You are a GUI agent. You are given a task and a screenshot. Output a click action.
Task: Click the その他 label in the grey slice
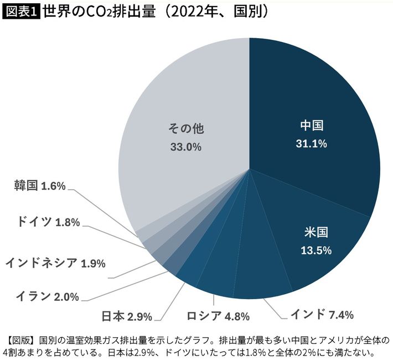click(x=186, y=129)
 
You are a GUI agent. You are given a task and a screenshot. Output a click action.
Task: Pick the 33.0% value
click(x=185, y=148)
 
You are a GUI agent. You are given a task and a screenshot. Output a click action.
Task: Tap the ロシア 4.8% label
click(x=218, y=317)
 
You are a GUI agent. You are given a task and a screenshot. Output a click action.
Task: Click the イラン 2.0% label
click(x=48, y=297)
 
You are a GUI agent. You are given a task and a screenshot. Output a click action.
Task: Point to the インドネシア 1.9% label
click(x=55, y=263)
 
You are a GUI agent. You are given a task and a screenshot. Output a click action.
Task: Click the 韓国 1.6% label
click(x=40, y=186)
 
